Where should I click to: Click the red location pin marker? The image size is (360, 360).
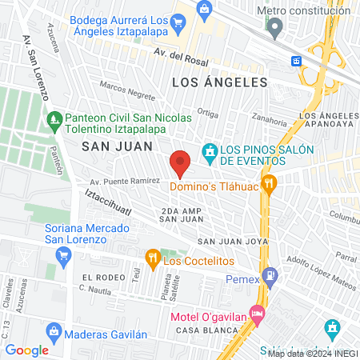181,164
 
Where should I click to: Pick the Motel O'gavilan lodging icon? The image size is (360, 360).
257,313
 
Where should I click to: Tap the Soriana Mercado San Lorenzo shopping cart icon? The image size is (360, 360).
63,255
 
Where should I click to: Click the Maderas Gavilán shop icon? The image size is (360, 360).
54,330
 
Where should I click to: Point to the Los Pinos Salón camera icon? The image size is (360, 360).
210,151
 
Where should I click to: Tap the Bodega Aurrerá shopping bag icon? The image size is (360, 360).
204,10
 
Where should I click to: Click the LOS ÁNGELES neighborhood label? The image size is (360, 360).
218,82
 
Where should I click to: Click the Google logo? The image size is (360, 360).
26,350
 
